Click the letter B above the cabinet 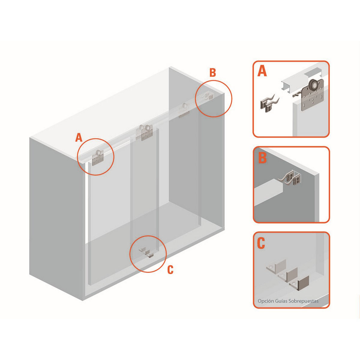[213, 73]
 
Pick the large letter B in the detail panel [262, 157]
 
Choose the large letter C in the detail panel [261, 243]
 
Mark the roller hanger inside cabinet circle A [98, 157]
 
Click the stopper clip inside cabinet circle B [208, 96]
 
